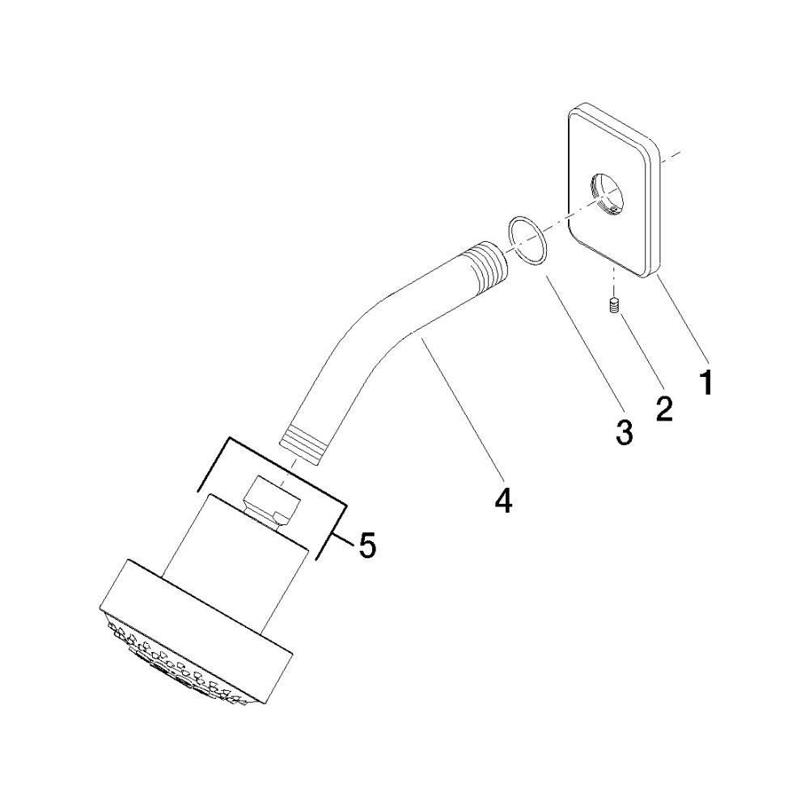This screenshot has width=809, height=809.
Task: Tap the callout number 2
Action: coord(664,408)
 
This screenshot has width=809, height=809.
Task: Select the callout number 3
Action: coord(624,432)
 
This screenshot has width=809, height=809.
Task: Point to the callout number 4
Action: coord(503,499)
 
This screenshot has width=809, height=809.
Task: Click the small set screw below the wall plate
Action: coord(613,306)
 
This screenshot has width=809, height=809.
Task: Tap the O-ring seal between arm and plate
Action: coord(527,241)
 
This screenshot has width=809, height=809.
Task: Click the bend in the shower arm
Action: coord(361,330)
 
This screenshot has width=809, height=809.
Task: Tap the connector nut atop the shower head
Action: coord(273,502)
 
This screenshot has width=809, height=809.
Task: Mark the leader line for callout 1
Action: coord(681,316)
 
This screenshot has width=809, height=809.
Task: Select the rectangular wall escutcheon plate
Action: coord(614,191)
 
